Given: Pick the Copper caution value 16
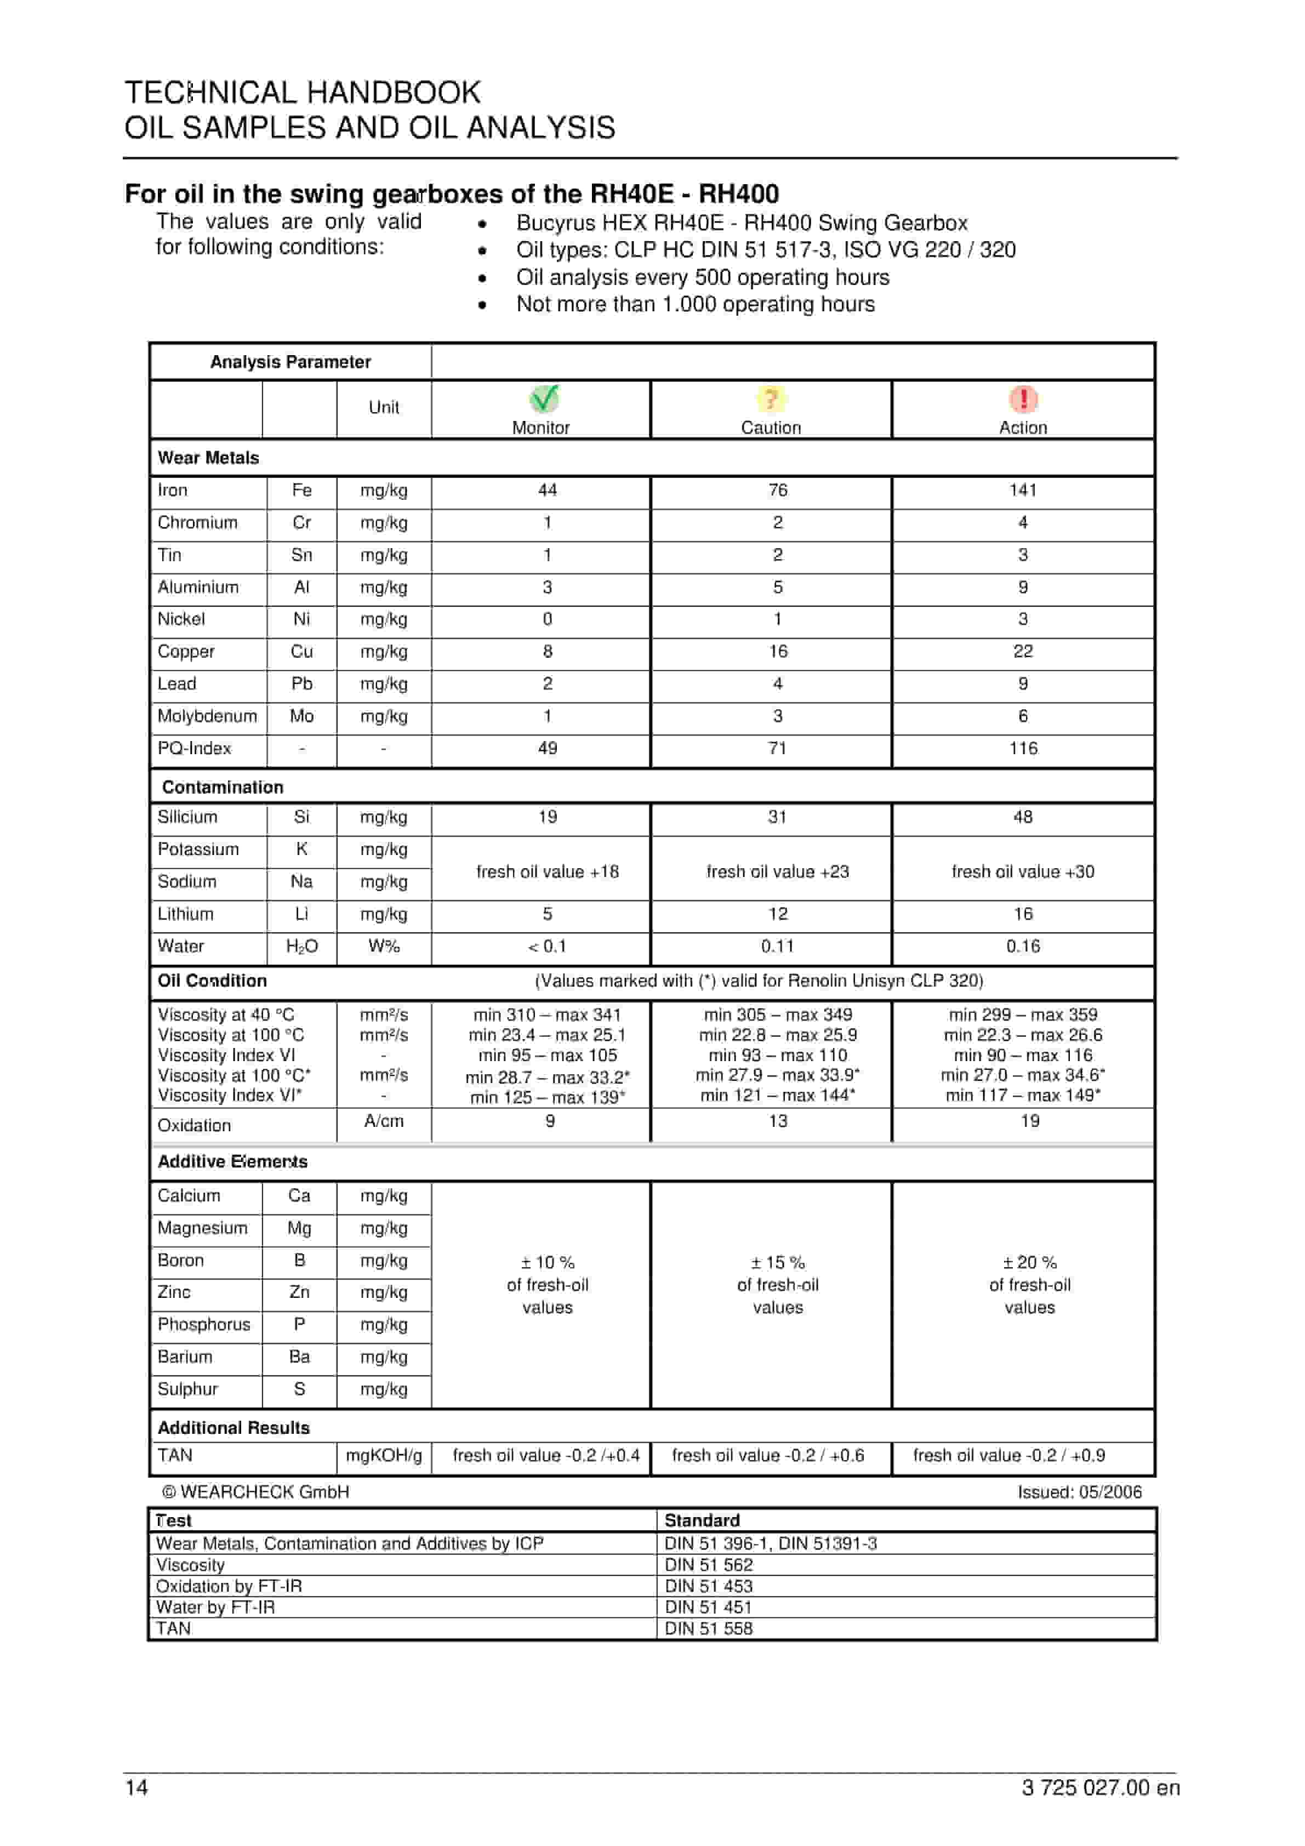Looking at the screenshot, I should click(x=778, y=651).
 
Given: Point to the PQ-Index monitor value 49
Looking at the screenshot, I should click(x=548, y=749).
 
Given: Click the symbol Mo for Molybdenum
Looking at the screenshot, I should click(x=301, y=716).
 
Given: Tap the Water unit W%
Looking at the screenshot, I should click(x=384, y=947).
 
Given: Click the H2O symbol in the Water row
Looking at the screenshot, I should click(x=301, y=947).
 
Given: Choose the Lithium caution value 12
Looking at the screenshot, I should click(x=778, y=914).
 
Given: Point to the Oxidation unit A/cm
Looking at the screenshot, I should click(x=384, y=1121).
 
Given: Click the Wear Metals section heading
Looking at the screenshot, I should click(x=208, y=458).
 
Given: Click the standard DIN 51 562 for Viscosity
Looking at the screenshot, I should click(x=708, y=1565).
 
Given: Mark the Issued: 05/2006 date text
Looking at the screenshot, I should click(x=1079, y=1492).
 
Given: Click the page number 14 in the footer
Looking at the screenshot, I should click(x=136, y=1788).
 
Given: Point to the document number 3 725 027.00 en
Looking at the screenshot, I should click(x=1100, y=1788).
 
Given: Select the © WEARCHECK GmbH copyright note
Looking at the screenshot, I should click(x=256, y=1492).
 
